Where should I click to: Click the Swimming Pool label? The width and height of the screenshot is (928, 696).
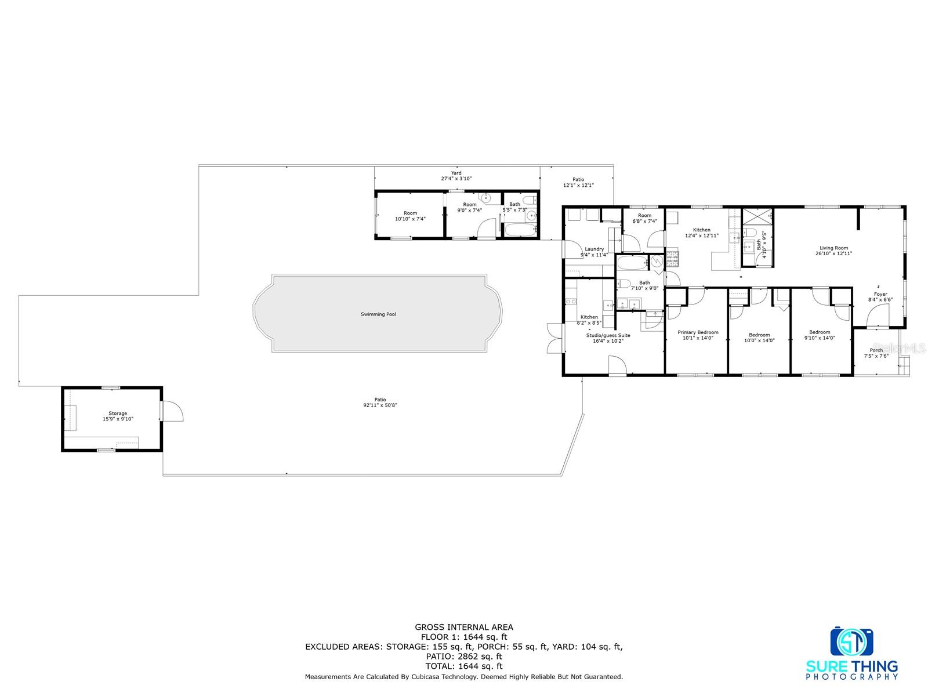point(378,314)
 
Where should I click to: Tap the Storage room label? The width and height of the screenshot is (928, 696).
point(118,416)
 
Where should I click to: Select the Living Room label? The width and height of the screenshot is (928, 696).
point(833,251)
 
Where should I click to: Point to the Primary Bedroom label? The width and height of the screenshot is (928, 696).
point(698,335)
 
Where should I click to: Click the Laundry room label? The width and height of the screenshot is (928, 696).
point(594,252)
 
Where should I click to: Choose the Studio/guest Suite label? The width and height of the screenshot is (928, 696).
point(608,338)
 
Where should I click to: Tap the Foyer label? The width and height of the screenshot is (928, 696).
point(880,296)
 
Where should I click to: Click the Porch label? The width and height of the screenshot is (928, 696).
point(876,353)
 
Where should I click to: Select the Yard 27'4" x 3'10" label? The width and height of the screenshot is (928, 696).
point(456,175)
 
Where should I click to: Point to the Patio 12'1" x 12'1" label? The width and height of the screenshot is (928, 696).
point(578,182)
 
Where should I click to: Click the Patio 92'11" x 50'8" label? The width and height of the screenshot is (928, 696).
point(380,402)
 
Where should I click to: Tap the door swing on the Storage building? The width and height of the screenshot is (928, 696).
point(173,411)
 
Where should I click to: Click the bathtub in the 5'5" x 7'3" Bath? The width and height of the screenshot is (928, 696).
point(520,230)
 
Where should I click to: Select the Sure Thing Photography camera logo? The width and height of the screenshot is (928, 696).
point(852,641)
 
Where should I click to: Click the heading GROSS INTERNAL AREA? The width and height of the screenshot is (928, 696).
point(464,627)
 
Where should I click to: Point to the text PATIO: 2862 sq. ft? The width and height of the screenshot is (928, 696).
point(464,657)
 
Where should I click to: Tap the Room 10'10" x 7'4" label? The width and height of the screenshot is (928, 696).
point(410,216)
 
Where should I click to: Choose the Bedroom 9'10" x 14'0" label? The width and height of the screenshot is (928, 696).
point(820,335)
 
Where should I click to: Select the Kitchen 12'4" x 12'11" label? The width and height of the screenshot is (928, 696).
point(701,233)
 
